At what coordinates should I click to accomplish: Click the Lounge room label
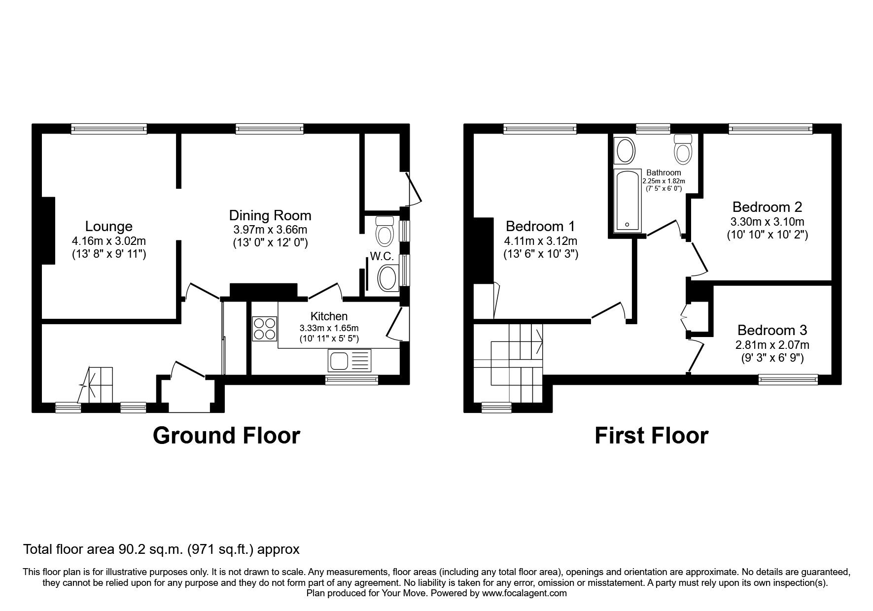[x=108, y=226]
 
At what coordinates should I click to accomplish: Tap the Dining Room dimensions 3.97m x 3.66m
[x=270, y=230]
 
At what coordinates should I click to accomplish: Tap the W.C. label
[x=381, y=257]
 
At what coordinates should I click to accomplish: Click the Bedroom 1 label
[x=540, y=226]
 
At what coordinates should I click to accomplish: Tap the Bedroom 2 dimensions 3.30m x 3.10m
[x=767, y=222]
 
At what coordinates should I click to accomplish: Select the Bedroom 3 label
[x=771, y=330]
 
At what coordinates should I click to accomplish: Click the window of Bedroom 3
[x=788, y=379]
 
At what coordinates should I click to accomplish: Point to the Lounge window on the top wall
[x=109, y=129]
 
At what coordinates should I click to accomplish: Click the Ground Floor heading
[x=226, y=436]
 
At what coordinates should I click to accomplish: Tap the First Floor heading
[x=651, y=436]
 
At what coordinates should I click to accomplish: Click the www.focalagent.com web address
[x=524, y=593]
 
